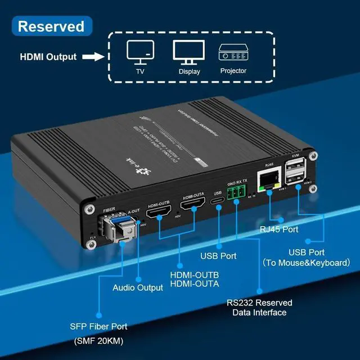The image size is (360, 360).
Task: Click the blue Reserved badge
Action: point(51,26)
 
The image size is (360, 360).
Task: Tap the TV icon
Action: point(139,52)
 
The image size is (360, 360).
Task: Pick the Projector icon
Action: point(233,52)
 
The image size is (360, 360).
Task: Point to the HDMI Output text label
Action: point(48,57)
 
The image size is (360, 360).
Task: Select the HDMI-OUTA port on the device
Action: point(192,205)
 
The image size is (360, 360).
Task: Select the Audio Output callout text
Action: point(138,287)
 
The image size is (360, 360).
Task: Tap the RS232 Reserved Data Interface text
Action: point(259,308)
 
